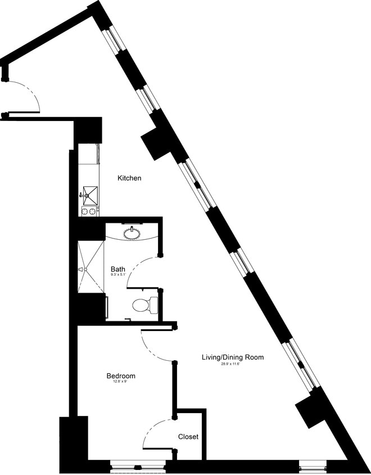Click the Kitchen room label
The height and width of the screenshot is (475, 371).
point(129,178)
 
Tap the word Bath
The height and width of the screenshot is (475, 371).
point(117,270)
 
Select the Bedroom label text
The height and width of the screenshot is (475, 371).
point(121,376)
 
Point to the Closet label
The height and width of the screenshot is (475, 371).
point(188,437)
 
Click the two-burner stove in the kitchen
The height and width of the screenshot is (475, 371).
point(89,212)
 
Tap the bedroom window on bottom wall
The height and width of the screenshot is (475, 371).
point(138,465)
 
